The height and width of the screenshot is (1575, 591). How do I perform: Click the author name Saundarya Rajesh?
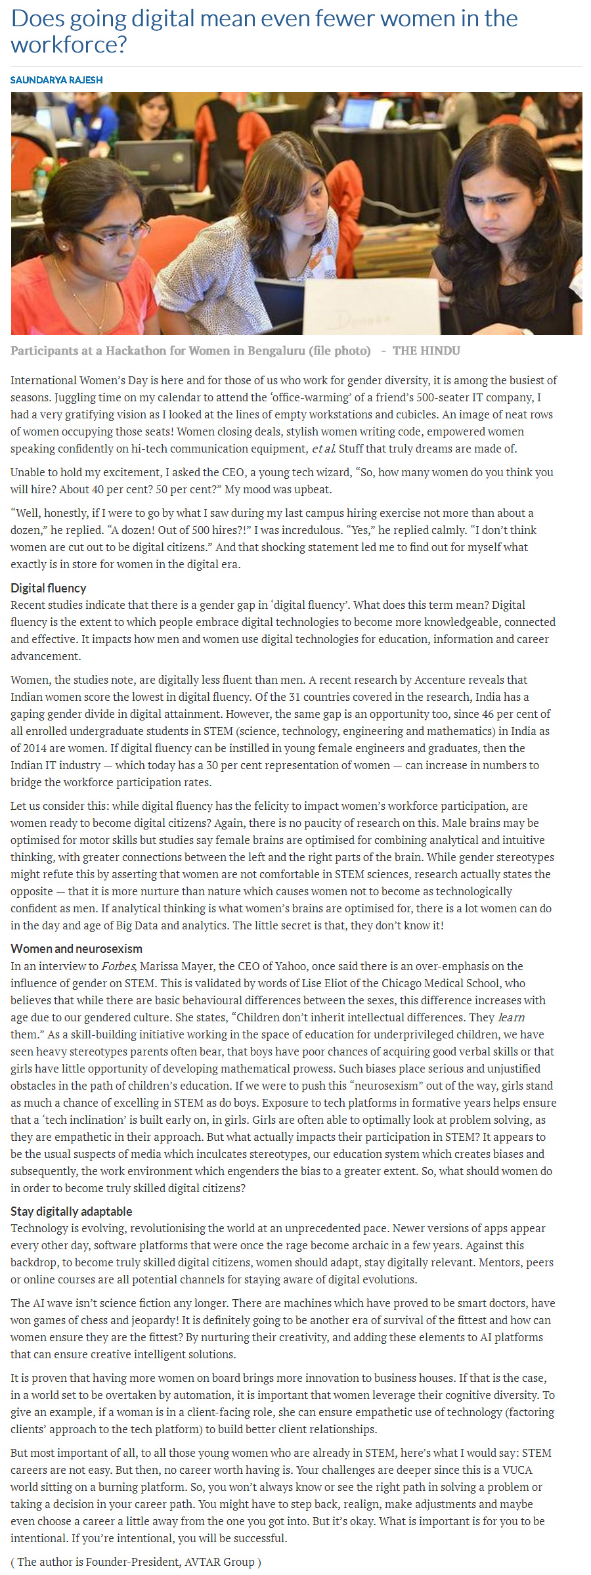tap(56, 80)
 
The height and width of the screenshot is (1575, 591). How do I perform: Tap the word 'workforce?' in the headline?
tap(69, 45)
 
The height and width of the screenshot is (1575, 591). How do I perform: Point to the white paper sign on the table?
tap(372, 306)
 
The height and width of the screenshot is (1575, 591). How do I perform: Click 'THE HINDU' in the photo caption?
tap(426, 351)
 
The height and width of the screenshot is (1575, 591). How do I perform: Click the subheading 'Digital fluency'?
tap(49, 588)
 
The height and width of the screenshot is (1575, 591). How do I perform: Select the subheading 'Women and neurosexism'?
tap(76, 948)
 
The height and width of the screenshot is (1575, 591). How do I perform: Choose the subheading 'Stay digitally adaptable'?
tap(72, 1211)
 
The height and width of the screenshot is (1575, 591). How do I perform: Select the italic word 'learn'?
tap(512, 1017)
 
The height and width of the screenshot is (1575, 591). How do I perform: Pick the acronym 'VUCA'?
tap(516, 1470)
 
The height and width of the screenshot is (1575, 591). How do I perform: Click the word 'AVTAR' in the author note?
tap(183, 1562)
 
